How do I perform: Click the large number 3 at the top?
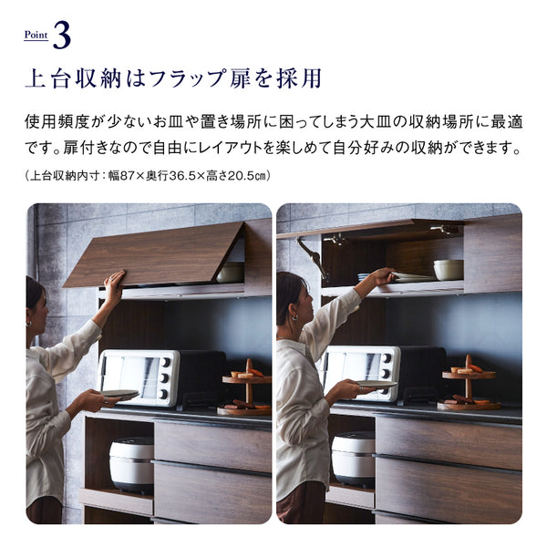point(62,36)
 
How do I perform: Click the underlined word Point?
point(36,35)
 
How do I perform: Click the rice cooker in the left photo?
point(131,464)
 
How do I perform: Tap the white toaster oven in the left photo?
point(139,378)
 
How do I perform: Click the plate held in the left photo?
point(119,394)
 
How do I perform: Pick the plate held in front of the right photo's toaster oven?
point(376,384)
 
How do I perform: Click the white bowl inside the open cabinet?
point(449,270)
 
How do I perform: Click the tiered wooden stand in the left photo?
point(247,388)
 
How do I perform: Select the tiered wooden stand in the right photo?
point(469,384)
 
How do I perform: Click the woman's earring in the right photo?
point(294,317)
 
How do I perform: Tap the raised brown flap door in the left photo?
point(153,254)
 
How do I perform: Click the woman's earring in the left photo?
point(29,324)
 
